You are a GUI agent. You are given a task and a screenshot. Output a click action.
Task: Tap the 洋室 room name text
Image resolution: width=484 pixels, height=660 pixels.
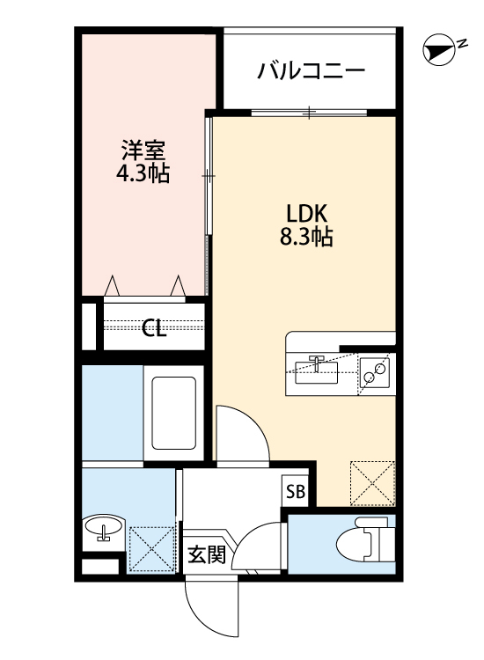143,150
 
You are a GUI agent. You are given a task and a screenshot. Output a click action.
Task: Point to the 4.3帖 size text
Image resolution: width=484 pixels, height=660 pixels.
143,173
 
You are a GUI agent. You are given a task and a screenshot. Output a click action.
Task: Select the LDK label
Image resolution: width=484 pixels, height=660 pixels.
305,214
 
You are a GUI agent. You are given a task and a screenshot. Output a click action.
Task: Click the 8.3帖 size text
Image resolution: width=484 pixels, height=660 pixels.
305,237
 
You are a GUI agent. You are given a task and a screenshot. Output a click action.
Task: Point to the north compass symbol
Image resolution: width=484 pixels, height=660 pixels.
437,51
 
